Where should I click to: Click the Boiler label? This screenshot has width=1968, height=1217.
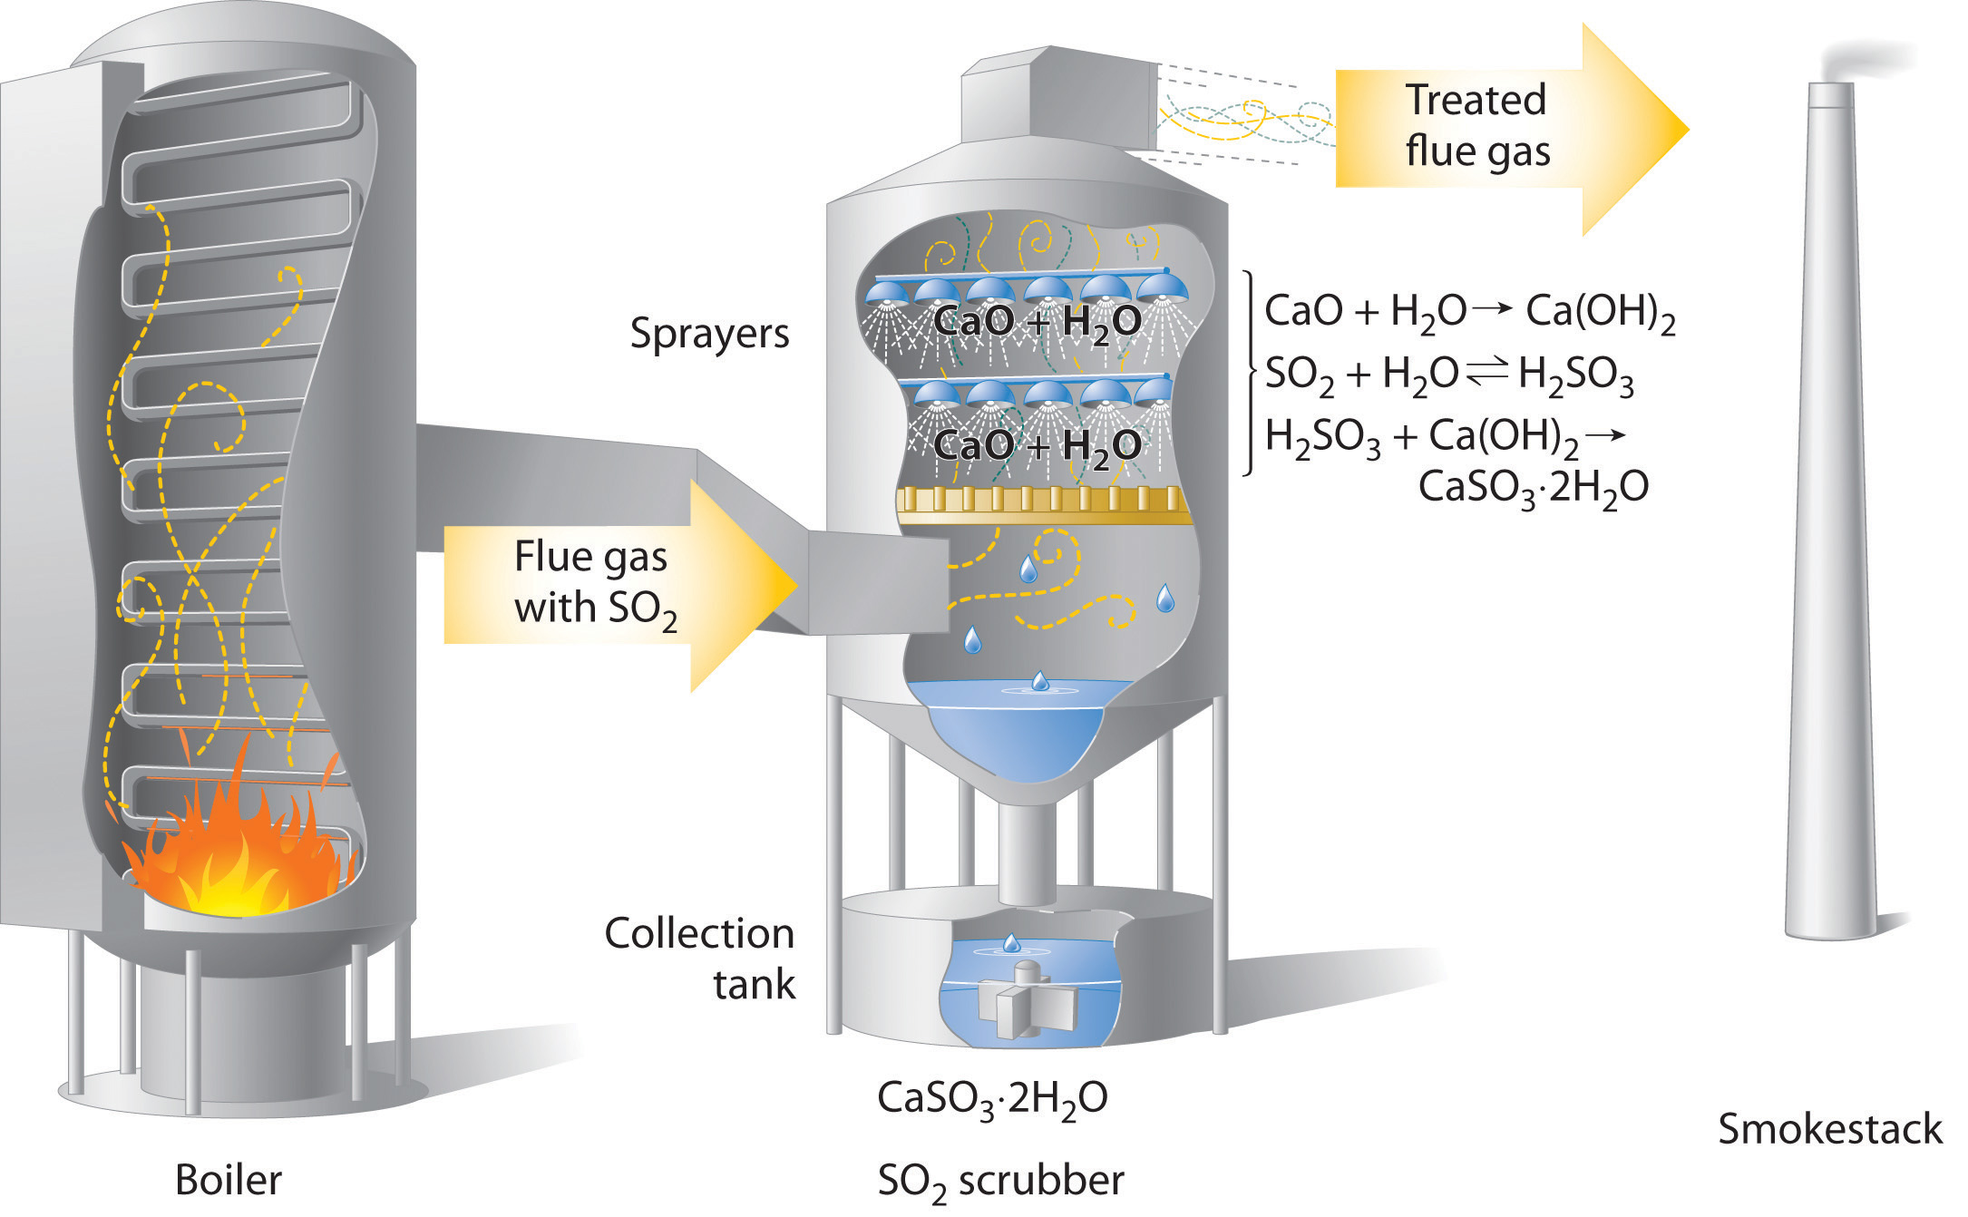pyautogui.click(x=228, y=1180)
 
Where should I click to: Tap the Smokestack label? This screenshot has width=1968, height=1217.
pyautogui.click(x=1829, y=1130)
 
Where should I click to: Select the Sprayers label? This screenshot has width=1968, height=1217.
pyautogui.click(x=709, y=334)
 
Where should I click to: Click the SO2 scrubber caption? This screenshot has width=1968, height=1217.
pyautogui.click(x=1000, y=1181)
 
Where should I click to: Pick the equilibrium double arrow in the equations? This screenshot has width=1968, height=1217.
pyautogui.click(x=1486, y=371)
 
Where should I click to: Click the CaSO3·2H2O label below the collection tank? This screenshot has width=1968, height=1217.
pyautogui.click(x=991, y=1099)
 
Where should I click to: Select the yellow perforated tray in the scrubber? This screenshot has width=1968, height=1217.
pyautogui.click(x=1043, y=505)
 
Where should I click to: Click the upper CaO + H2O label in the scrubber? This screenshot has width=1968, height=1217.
pyautogui.click(x=1037, y=322)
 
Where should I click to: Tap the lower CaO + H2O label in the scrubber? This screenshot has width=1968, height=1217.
pyautogui.click(x=1037, y=446)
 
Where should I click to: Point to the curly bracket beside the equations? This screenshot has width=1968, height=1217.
pyautogui.click(x=1251, y=372)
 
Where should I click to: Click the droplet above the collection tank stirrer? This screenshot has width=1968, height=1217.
pyautogui.click(x=1011, y=943)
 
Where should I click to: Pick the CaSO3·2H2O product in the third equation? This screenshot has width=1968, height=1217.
pyautogui.click(x=1533, y=488)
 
